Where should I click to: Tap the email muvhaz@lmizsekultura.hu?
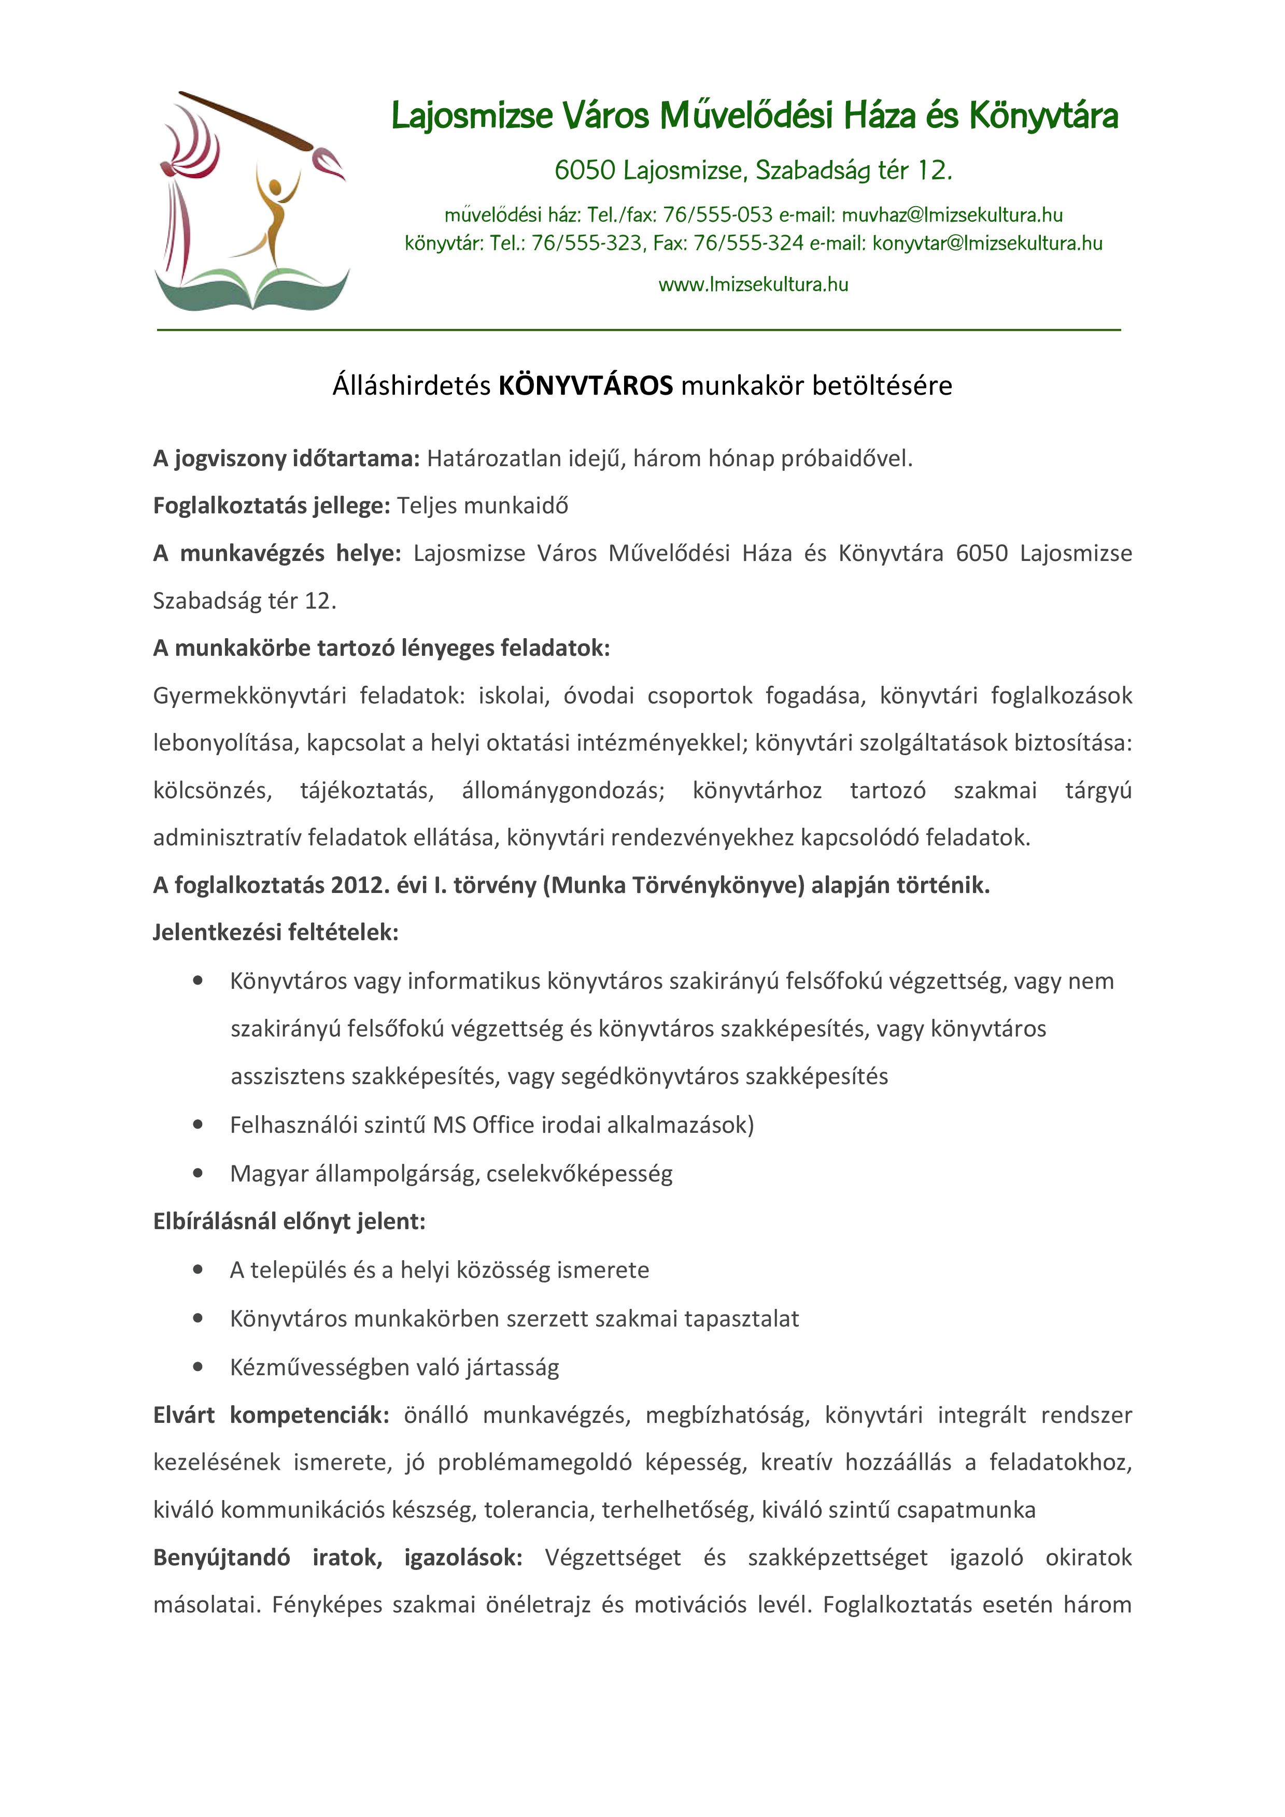coord(952,215)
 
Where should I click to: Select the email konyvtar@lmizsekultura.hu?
coord(987,244)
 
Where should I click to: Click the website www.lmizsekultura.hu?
coord(753,285)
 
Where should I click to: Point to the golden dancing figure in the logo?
coord(275,214)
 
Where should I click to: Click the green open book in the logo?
coord(252,289)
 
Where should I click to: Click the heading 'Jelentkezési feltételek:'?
coord(276,932)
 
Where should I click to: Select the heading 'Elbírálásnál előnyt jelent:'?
coord(289,1221)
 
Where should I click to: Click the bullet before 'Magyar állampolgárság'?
coord(198,1174)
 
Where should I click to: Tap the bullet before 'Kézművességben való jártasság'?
coord(198,1367)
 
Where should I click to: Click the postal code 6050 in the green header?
coord(584,170)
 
